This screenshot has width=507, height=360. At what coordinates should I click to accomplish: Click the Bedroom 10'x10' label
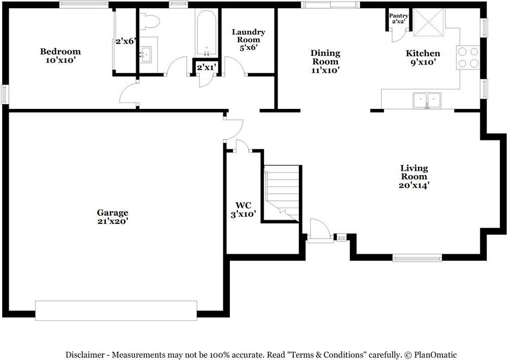click(x=60, y=56)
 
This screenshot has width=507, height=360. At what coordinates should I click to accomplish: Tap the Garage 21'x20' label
click(x=113, y=217)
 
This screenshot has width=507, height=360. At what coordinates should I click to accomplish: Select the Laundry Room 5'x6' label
click(x=248, y=40)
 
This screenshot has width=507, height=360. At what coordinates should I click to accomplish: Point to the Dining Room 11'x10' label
click(x=325, y=61)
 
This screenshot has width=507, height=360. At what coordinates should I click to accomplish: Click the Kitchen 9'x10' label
click(x=423, y=57)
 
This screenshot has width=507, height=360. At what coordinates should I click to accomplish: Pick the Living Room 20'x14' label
click(x=414, y=176)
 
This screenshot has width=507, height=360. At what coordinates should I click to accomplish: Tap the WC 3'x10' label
click(x=243, y=209)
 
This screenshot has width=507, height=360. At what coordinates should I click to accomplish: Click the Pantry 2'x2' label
click(x=399, y=18)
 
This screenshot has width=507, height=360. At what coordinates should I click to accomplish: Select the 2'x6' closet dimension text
click(x=125, y=41)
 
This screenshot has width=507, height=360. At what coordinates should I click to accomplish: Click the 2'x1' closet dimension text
click(x=206, y=67)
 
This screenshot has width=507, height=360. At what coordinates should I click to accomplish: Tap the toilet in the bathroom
click(x=150, y=21)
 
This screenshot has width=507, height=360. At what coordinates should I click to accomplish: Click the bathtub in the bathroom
click(x=206, y=34)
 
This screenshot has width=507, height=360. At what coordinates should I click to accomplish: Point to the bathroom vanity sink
click(x=145, y=55)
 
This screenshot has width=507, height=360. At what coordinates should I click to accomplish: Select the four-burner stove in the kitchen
click(x=468, y=57)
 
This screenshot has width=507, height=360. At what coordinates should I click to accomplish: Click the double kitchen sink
click(x=427, y=100)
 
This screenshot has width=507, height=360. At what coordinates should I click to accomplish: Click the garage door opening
click(x=116, y=311)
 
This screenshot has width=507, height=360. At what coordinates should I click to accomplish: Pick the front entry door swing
click(x=320, y=230)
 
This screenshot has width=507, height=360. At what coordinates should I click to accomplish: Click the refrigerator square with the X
click(x=429, y=22)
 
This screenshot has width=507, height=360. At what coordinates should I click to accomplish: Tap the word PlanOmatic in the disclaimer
click(x=435, y=355)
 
